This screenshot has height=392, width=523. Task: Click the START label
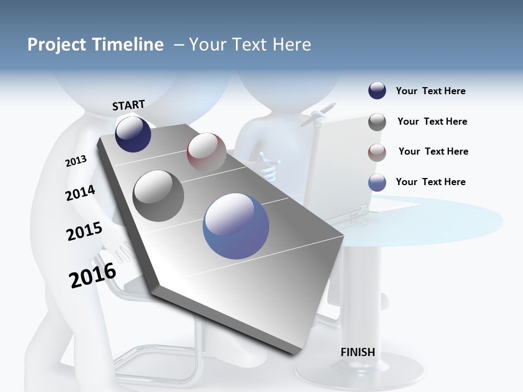tap(129, 105)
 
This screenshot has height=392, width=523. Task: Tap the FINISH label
tap(358, 352)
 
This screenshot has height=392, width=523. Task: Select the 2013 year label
tap(76, 161)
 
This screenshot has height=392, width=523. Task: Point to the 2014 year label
tap(80, 193)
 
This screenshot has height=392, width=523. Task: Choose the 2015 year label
tap(84, 231)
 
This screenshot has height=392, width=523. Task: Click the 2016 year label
tap(93, 275)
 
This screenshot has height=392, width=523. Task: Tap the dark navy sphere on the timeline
tap(133, 134)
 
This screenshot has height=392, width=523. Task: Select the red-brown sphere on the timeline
tap(206, 152)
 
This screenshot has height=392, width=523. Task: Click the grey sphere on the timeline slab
tap(159, 195)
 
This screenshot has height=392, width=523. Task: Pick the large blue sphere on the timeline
tap(236, 226)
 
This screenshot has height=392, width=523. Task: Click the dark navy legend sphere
tap(377, 91)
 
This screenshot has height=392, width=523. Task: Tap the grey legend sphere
tap(377, 122)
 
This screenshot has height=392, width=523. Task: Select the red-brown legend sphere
tap(377, 152)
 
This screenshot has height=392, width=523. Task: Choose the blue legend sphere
tap(377, 182)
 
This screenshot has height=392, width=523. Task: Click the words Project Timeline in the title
tap(95, 45)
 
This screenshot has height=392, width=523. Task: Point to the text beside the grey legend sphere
tap(432, 121)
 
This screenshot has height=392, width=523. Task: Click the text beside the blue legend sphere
tap(430, 182)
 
